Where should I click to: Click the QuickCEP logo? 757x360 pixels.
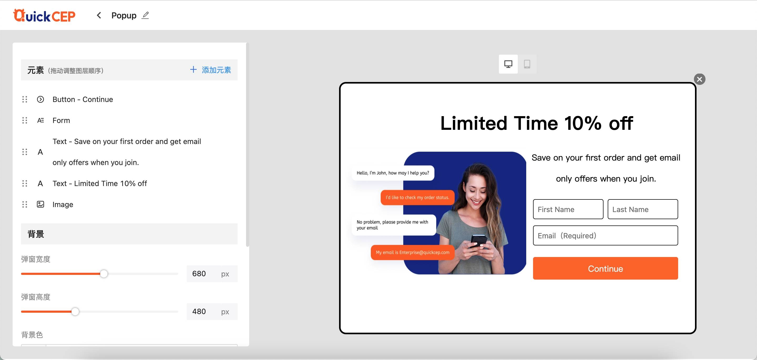click(x=44, y=16)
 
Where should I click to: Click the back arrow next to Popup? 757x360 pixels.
click(x=99, y=15)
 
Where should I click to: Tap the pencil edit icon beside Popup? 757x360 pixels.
click(x=145, y=15)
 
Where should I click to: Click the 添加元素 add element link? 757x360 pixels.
click(x=210, y=70)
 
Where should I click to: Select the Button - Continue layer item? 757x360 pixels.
click(x=83, y=99)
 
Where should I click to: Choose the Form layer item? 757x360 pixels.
click(x=61, y=121)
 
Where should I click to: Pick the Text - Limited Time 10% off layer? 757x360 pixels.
click(x=100, y=183)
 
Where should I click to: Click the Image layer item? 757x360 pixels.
click(x=63, y=204)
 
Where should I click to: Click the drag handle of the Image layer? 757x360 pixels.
click(x=25, y=204)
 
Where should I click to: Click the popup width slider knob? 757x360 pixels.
click(x=104, y=274)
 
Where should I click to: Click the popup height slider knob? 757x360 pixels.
click(x=75, y=311)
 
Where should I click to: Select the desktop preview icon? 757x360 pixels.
click(x=508, y=64)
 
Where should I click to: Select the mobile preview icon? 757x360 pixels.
click(x=527, y=64)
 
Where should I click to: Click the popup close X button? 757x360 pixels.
click(x=699, y=79)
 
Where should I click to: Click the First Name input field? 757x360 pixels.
click(x=568, y=209)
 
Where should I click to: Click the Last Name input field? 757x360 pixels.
click(x=643, y=209)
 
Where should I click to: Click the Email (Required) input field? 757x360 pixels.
click(x=605, y=235)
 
